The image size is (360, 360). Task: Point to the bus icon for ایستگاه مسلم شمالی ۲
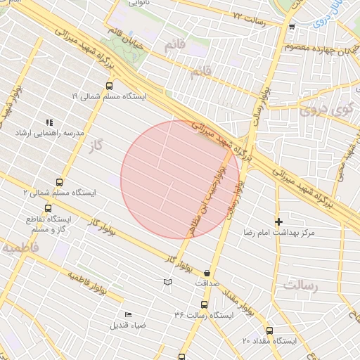coord(60,181)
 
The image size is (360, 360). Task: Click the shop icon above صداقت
coord(207,272)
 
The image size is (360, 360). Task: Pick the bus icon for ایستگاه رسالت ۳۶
coord(204,304)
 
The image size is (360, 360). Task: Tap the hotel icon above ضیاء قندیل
coord(128,314)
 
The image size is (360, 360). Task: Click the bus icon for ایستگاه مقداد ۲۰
coord(269,330)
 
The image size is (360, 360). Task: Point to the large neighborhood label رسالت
coord(301,285)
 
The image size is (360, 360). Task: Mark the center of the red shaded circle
coord(170,179)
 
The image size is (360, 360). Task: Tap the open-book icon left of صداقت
coord(167,283)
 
